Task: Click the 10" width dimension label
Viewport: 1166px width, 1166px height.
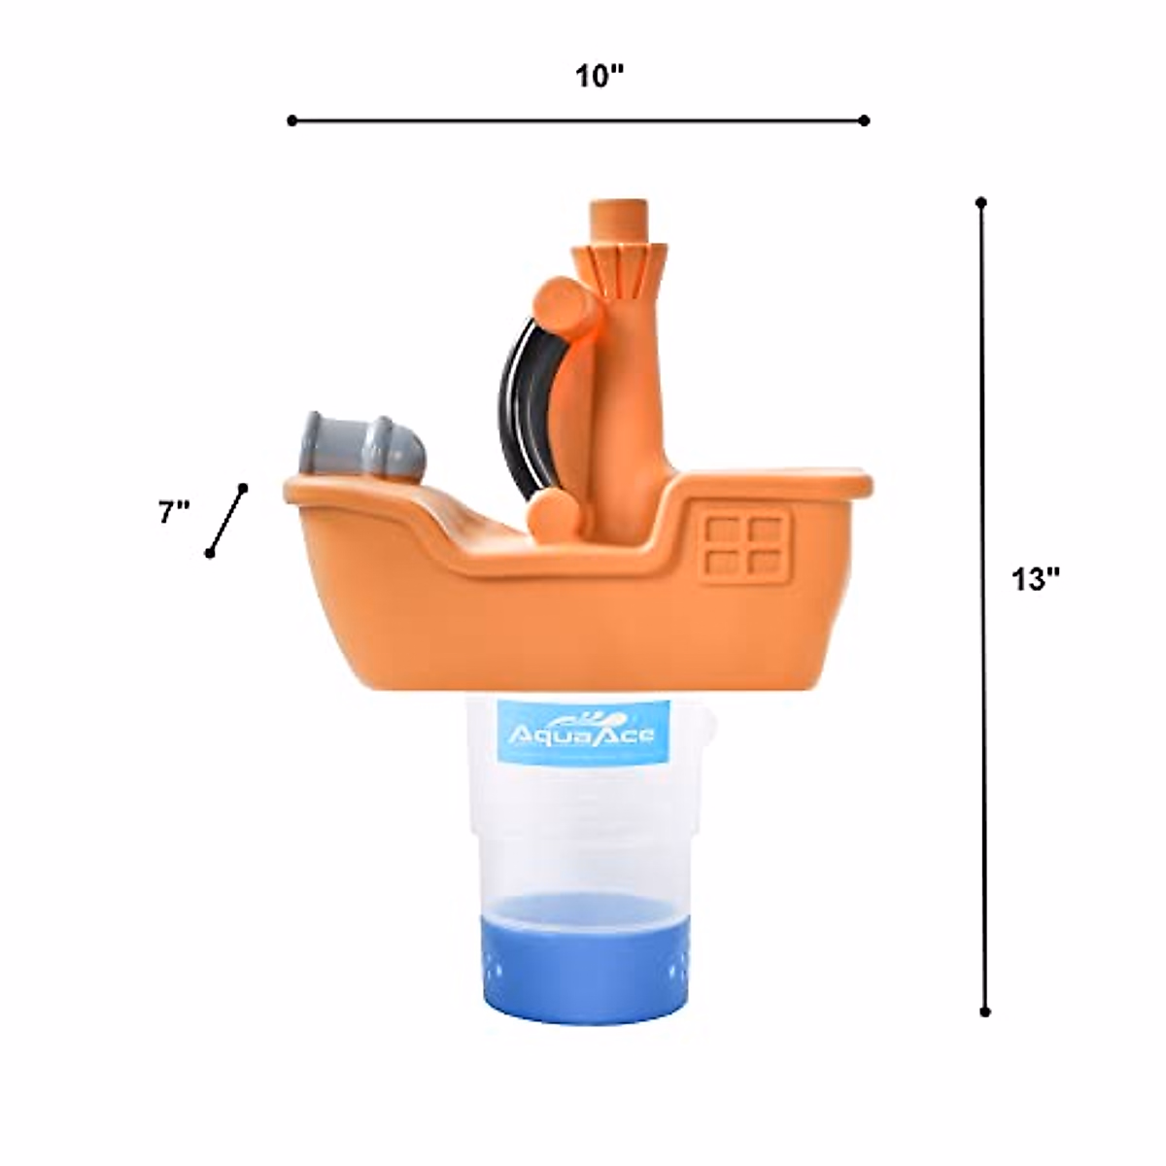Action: click(599, 76)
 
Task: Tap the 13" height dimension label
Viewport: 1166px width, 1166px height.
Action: click(1035, 580)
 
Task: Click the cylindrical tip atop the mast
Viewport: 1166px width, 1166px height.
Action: click(620, 221)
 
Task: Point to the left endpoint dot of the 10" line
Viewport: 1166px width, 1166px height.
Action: click(291, 120)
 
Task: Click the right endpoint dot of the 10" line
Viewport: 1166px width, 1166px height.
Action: click(864, 120)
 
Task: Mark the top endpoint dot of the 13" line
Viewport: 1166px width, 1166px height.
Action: click(981, 203)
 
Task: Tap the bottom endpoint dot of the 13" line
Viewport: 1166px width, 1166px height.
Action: click(984, 1012)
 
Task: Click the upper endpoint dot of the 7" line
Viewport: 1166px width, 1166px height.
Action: click(243, 488)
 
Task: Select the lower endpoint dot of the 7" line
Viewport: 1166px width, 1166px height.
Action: click(209, 553)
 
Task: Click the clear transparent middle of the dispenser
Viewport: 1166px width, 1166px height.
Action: click(581, 836)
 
